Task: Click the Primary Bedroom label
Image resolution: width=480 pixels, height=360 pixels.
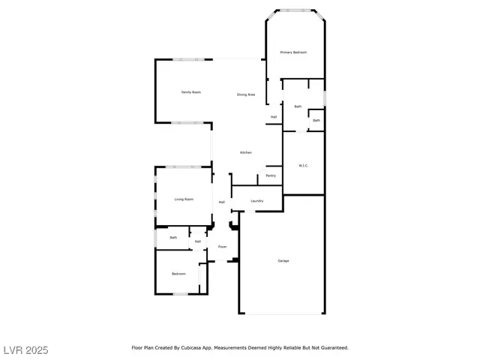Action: (294, 52)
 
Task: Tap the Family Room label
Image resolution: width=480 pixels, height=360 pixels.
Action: (191, 92)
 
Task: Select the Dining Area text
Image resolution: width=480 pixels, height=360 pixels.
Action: (246, 94)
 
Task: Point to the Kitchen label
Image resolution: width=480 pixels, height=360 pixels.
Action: (246, 153)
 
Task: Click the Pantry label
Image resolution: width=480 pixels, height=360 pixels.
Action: (271, 175)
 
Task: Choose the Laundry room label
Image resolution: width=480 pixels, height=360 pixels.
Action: (256, 201)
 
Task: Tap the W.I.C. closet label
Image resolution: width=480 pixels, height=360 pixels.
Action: (304, 166)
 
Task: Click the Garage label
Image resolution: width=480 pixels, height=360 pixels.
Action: (283, 261)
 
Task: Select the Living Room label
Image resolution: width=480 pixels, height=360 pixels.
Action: (184, 199)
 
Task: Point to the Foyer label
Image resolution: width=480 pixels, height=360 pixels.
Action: (223, 247)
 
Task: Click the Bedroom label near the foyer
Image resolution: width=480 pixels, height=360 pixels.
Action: (178, 274)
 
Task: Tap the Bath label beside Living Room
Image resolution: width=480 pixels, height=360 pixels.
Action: (173, 238)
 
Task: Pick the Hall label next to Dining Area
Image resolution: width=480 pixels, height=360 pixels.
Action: (274, 117)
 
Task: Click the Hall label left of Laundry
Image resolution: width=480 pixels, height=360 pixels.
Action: (222, 202)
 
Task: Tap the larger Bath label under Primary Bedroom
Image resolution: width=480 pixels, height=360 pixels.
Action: (298, 106)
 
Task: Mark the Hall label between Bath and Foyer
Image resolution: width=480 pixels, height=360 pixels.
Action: (198, 241)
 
